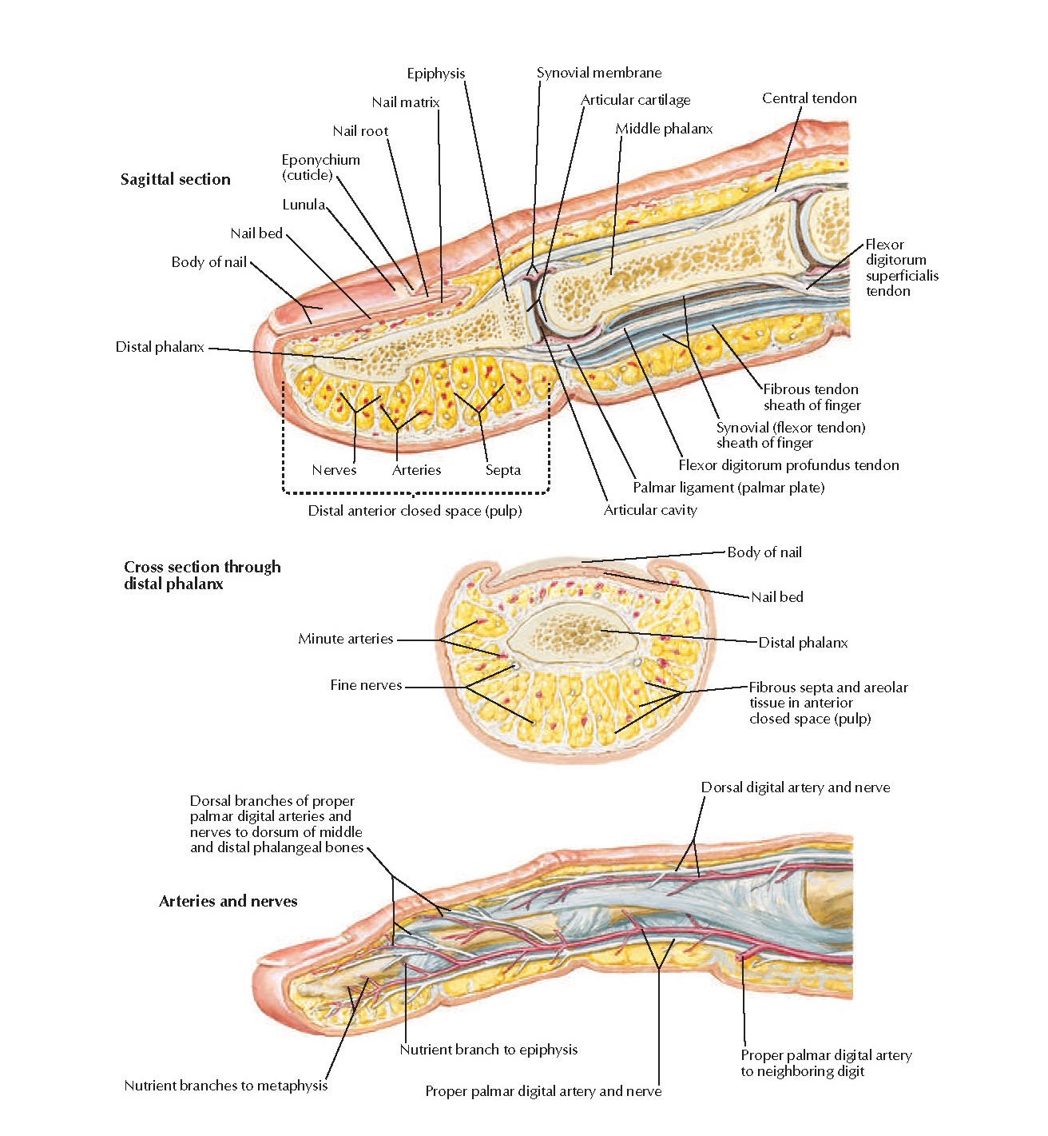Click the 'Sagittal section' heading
175,179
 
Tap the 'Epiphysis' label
435,74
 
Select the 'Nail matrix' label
405,102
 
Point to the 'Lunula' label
304,205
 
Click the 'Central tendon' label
808,98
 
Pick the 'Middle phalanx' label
663,129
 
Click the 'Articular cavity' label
649,510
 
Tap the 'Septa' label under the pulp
502,470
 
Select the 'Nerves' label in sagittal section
334,470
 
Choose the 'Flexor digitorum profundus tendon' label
788,465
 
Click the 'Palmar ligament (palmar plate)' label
728,488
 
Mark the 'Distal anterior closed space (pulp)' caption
415,511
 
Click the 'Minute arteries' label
345,639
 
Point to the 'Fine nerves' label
366,685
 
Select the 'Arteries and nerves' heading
228,901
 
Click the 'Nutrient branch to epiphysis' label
488,1050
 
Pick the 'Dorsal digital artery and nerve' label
795,787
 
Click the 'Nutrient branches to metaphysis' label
225,1086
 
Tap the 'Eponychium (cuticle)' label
320,167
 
